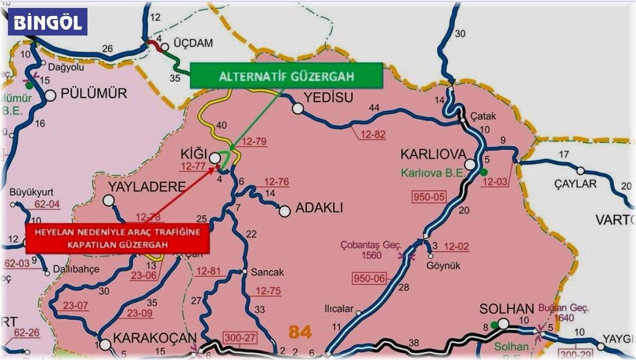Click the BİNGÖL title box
click(x=48, y=22)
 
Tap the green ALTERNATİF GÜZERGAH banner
click(x=286, y=75)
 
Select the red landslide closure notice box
click(x=118, y=239)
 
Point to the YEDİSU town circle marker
click(x=298, y=109)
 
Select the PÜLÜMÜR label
click(x=94, y=94)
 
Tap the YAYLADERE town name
click(x=147, y=187)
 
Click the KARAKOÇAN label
click(x=155, y=339)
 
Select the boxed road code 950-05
click(x=429, y=197)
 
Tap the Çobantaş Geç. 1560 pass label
click(x=372, y=250)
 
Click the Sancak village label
click(x=266, y=272)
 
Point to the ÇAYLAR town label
click(x=576, y=184)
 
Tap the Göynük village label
click(x=444, y=266)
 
